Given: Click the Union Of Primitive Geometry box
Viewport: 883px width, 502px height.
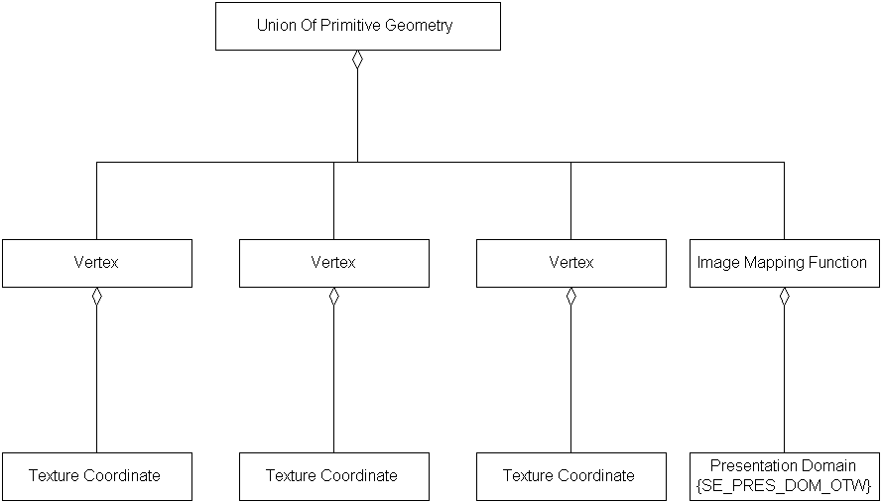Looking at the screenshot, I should click(357, 26).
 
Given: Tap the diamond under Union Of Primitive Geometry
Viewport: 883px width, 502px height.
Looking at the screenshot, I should click(357, 60).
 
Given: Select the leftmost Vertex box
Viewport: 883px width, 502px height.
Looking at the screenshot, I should click(96, 263).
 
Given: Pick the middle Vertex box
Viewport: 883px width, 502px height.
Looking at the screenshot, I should click(333, 263).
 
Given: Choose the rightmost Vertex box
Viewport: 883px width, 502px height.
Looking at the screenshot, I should click(570, 263).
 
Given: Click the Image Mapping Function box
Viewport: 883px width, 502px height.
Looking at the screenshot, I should click(783, 263).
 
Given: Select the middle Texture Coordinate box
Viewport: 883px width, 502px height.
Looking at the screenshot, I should click(333, 476).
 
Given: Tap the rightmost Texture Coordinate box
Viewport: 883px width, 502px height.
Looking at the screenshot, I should click(570, 476).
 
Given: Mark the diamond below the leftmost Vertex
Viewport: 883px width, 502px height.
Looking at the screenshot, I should click(96, 297).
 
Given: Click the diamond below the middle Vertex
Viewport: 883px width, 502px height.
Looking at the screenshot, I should click(333, 297).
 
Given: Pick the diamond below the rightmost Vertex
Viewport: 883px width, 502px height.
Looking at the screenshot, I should click(570, 297).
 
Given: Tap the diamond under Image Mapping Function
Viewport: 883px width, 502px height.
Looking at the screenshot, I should click(784, 297).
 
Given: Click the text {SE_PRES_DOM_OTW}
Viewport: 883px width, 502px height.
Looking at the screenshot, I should click(783, 485).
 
